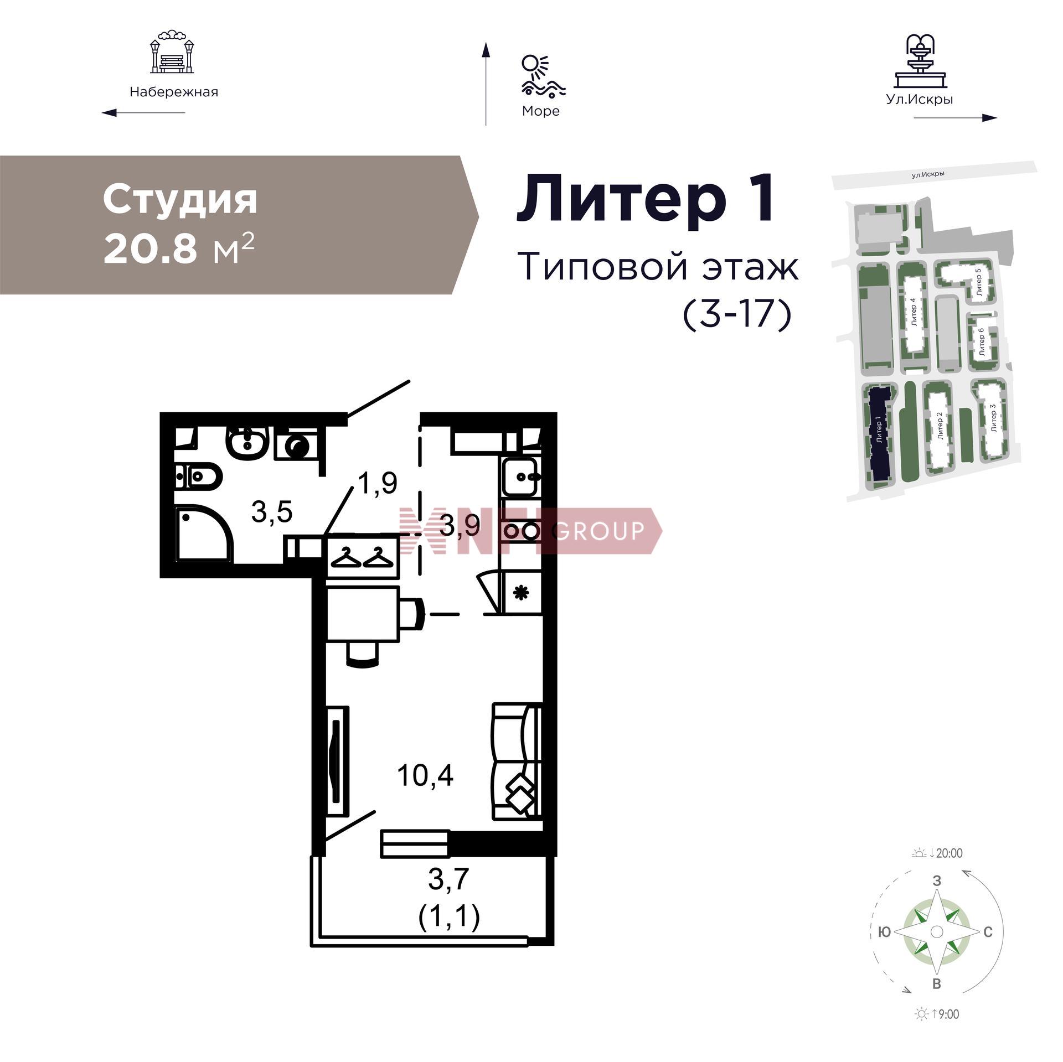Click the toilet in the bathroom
pos(199,475)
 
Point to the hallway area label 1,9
pos(378,483)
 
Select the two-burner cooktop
pos(521,531)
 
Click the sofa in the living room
pos(517,761)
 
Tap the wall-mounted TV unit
pos(337,760)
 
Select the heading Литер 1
pos(646,198)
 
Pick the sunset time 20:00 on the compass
pos(949,853)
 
